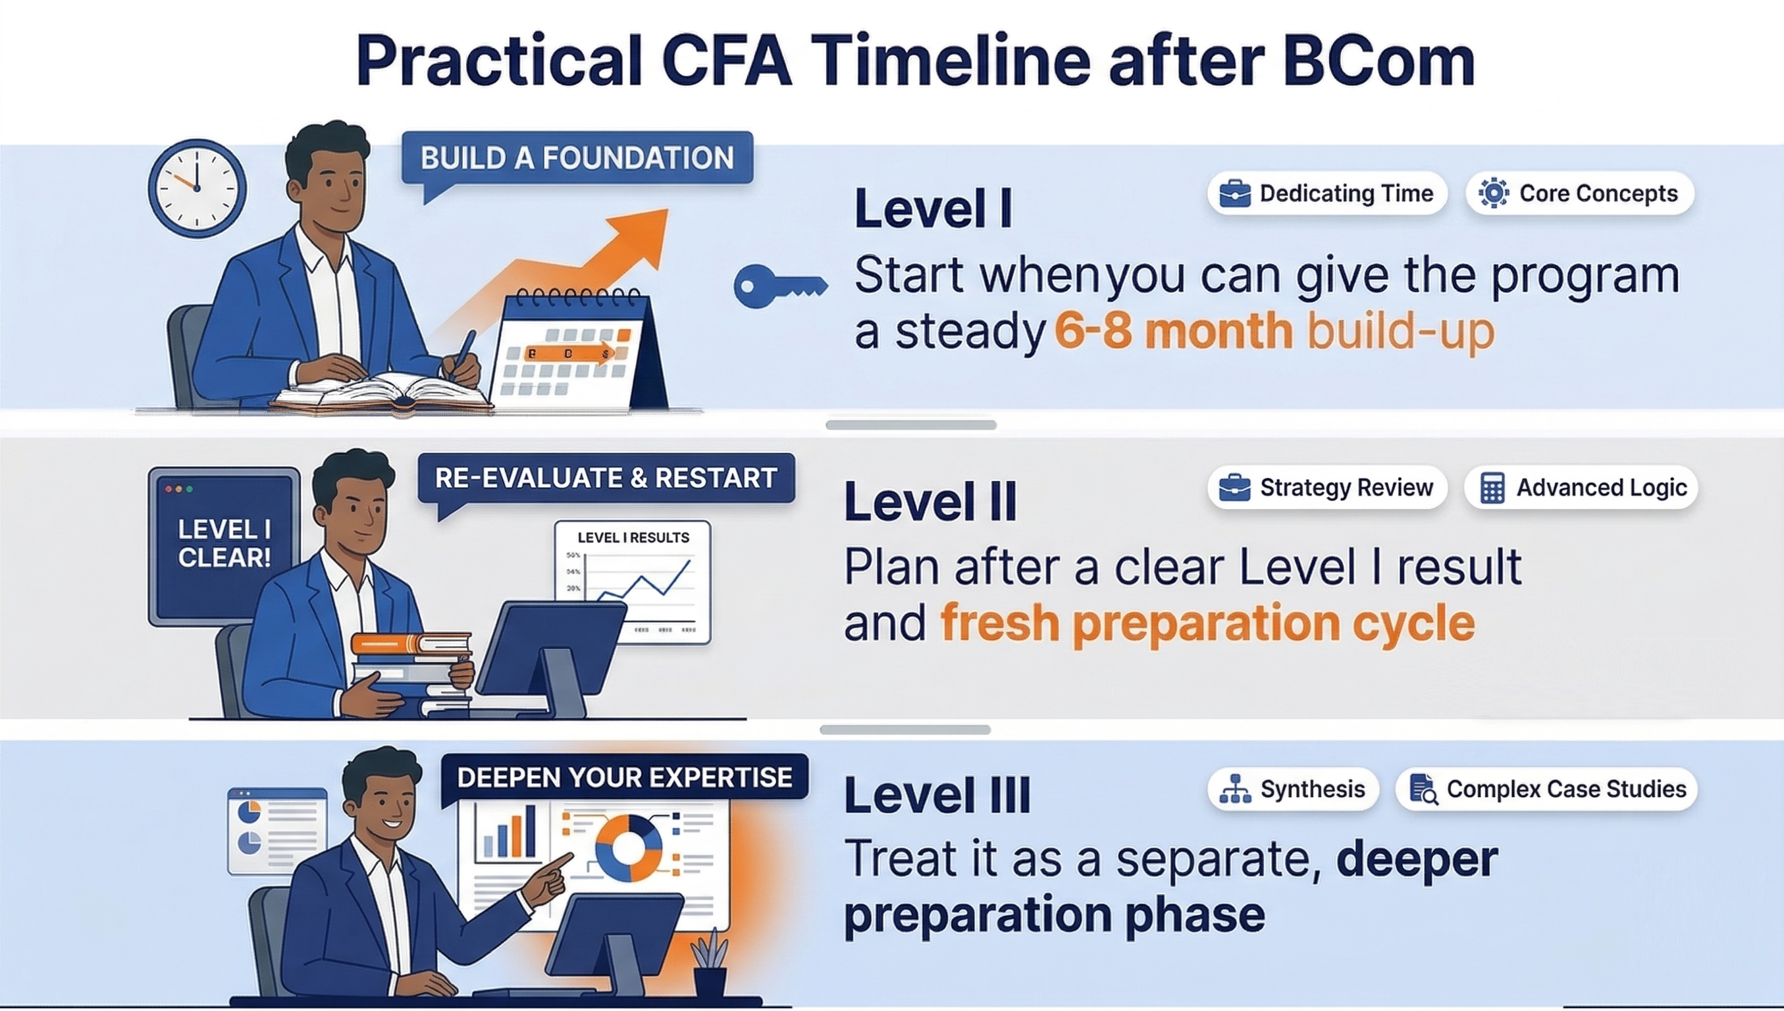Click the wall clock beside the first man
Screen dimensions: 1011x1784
(197, 188)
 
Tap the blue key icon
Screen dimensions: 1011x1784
(779, 286)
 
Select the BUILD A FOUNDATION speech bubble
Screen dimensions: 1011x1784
(577, 159)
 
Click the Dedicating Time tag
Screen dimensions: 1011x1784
(1327, 193)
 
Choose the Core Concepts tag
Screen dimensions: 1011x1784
(1580, 193)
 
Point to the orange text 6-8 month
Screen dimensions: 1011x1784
(1173, 331)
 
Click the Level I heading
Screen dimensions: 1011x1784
(933, 207)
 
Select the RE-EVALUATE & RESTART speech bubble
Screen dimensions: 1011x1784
(606, 479)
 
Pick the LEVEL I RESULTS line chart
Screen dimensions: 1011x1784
(633, 582)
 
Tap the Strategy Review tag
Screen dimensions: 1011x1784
(1327, 488)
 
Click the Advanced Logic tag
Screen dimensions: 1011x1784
(1581, 488)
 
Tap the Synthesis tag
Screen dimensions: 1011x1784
(1293, 789)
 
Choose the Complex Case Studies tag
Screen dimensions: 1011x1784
(1546, 789)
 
